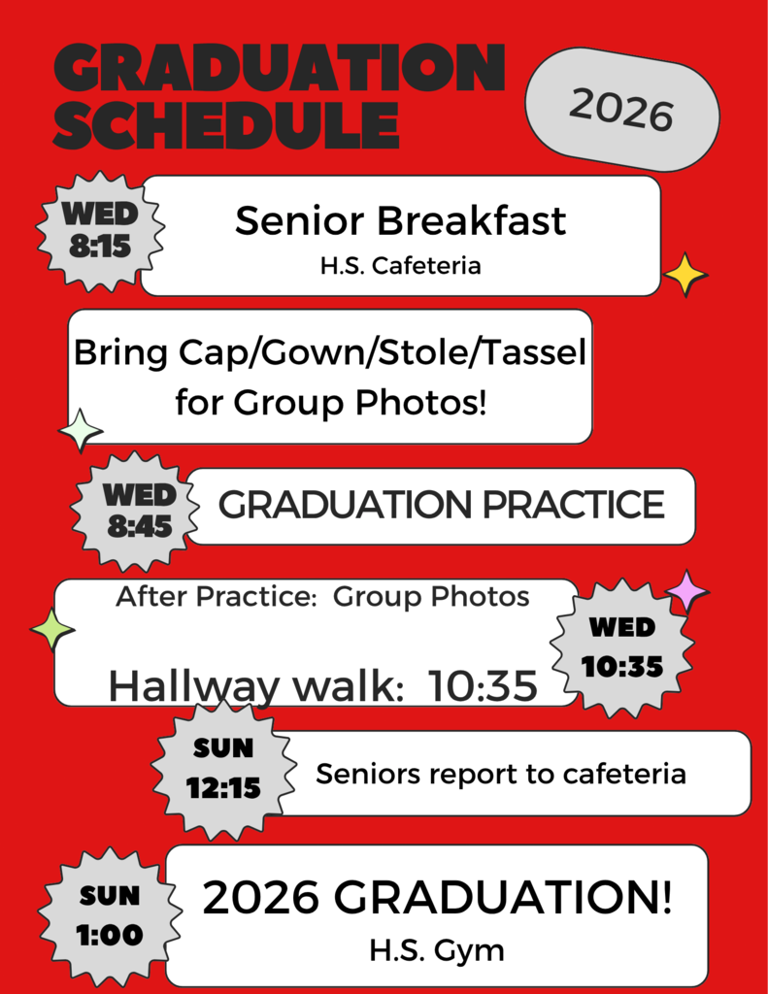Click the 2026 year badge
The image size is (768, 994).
(621, 110)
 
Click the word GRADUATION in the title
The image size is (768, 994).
(280, 69)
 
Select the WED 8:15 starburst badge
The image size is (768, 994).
(100, 231)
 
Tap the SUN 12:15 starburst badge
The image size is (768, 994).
(223, 769)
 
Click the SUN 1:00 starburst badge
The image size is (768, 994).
(110, 915)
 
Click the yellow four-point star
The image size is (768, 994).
(685, 275)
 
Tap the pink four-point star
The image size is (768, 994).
(687, 591)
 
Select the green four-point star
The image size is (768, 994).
(51, 630)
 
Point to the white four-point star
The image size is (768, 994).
(82, 430)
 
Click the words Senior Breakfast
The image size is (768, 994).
(400, 221)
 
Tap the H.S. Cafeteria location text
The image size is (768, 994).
(400, 265)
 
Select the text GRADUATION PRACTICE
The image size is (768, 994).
(441, 505)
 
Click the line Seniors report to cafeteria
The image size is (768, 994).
(501, 774)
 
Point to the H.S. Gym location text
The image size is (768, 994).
(437, 949)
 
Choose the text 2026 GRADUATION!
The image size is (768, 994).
(437, 899)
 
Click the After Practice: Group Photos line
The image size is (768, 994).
(322, 596)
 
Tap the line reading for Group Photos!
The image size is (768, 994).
(330, 401)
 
